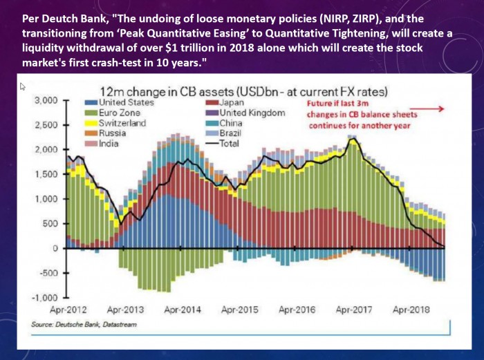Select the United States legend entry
click(120, 102)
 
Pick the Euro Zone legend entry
click(113, 113)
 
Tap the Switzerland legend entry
click(115, 123)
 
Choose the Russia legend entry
click(106, 133)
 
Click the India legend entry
click(102, 144)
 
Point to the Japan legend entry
click(225, 102)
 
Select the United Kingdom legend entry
click(245, 113)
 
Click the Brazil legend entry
click(223, 133)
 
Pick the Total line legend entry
click(223, 144)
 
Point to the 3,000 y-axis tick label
click(46, 101)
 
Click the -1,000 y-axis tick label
click(44, 298)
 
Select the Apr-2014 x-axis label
click(183, 310)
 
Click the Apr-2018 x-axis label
click(411, 310)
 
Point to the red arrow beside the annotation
click(427, 108)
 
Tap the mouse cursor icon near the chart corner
click(23, 86)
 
